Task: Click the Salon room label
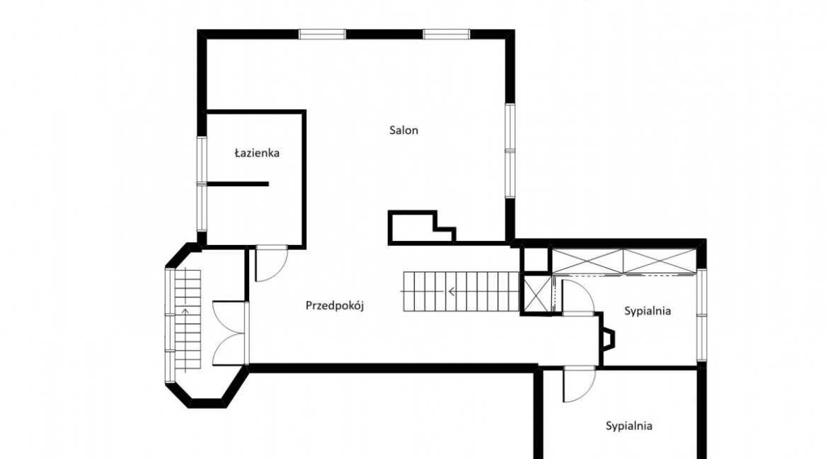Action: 403,130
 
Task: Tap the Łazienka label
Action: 257,153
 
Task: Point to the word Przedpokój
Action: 335,306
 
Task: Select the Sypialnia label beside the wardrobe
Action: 648,311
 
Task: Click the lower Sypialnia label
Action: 629,426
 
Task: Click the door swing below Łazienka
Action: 271,263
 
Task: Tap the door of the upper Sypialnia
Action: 577,297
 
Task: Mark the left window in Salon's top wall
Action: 322,35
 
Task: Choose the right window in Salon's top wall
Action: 447,35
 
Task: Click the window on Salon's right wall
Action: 510,151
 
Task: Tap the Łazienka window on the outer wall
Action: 202,183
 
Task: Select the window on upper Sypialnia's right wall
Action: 701,315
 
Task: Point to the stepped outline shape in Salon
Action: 422,227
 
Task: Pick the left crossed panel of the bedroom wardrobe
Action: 587,261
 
